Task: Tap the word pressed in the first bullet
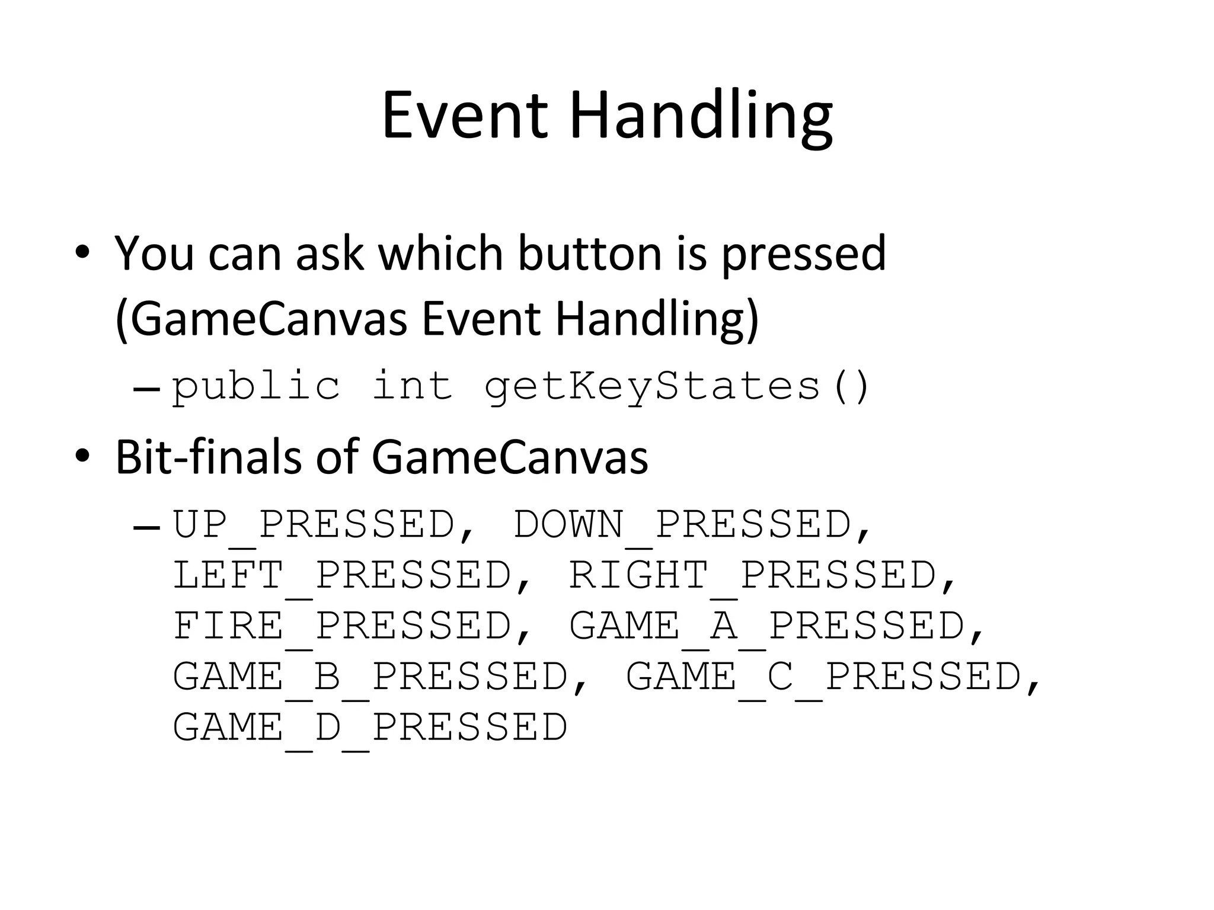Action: pyautogui.click(x=803, y=253)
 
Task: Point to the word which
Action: pyautogui.click(x=440, y=253)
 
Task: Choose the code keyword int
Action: pyautogui.click(x=413, y=386)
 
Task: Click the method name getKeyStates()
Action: pyautogui.click(x=676, y=386)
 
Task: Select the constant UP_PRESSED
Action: pyautogui.click(x=314, y=525)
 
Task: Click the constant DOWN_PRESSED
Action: pyautogui.click(x=682, y=525)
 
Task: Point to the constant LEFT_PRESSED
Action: pyautogui.click(x=342, y=575)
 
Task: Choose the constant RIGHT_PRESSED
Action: pyautogui.click(x=753, y=575)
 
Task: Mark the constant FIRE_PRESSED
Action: pyautogui.click(x=342, y=626)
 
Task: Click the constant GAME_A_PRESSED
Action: pyautogui.click(x=767, y=626)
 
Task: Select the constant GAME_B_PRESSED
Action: pyautogui.click(x=370, y=677)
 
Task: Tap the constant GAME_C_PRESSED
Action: pyautogui.click(x=824, y=677)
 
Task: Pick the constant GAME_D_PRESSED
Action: pyautogui.click(x=370, y=728)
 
